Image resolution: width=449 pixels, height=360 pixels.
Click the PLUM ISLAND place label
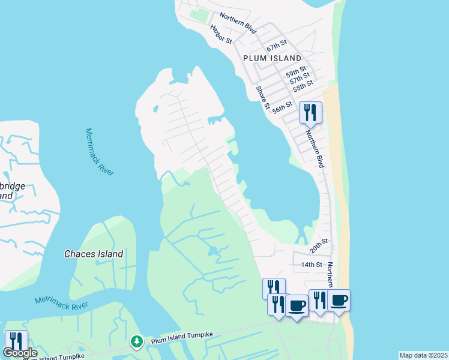[x=272, y=58]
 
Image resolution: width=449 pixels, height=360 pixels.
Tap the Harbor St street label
[x=221, y=34]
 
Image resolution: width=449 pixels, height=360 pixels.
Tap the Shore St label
[x=263, y=97]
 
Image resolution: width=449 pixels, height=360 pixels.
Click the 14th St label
[x=312, y=265]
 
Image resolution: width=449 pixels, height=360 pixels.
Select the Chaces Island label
[x=94, y=254]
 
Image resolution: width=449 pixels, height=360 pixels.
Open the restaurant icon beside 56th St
[x=310, y=112]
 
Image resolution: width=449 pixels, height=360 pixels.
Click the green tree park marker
[x=137, y=341]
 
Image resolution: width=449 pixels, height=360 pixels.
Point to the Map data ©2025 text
[x=423, y=355]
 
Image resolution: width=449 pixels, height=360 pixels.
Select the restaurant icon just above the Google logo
[x=16, y=341]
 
